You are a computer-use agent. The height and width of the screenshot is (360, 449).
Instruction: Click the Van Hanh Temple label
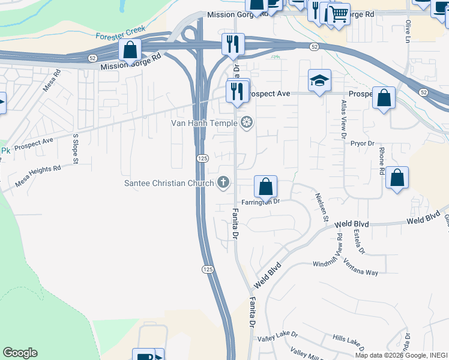click(209, 124)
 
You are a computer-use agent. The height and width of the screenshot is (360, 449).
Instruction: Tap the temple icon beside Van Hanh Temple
click(246, 124)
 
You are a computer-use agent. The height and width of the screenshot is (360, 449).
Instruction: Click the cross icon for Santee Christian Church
click(223, 182)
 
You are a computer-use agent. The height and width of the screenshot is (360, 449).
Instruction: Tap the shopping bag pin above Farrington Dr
click(265, 187)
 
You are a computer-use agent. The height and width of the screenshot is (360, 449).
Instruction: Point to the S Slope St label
click(76, 148)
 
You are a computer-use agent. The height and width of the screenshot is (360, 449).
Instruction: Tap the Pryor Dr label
click(363, 143)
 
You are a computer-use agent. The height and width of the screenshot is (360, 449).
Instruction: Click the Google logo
click(20, 353)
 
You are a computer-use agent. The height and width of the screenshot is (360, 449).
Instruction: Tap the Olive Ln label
click(408, 30)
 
